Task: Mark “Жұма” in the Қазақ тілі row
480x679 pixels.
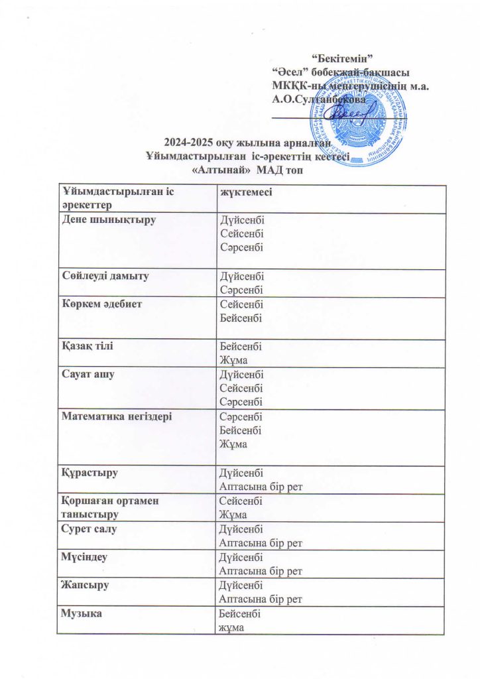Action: pyautogui.click(x=233, y=360)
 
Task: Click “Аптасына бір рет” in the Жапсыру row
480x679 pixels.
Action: pyautogui.click(x=261, y=599)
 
